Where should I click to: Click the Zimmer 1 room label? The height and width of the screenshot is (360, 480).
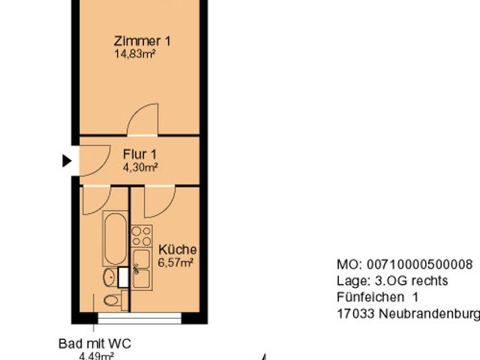pyautogui.click(x=142, y=41)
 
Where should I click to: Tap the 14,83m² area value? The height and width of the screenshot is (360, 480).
pyautogui.click(x=135, y=54)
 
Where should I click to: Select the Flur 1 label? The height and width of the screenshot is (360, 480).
pyautogui.click(x=140, y=155)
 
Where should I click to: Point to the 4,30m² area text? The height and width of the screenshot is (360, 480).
pyautogui.click(x=140, y=168)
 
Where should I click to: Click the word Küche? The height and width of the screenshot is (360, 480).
pyautogui.click(x=178, y=250)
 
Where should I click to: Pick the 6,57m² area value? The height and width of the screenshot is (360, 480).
pyautogui.click(x=177, y=262)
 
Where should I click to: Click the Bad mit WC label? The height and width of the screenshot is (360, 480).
pyautogui.click(x=95, y=343)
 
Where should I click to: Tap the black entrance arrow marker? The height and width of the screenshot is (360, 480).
pyautogui.click(x=67, y=160)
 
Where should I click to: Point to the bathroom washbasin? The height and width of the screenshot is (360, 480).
pyautogui.click(x=109, y=277)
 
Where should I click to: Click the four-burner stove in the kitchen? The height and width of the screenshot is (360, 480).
pyautogui.click(x=142, y=236)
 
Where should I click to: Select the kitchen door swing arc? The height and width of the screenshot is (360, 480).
pyautogui.click(x=159, y=200)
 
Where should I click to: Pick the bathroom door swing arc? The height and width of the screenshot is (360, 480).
pyautogui.click(x=96, y=199)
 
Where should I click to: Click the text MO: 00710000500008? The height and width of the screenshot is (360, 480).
pyautogui.click(x=404, y=265)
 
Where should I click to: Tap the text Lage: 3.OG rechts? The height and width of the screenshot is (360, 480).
pyautogui.click(x=392, y=280)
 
